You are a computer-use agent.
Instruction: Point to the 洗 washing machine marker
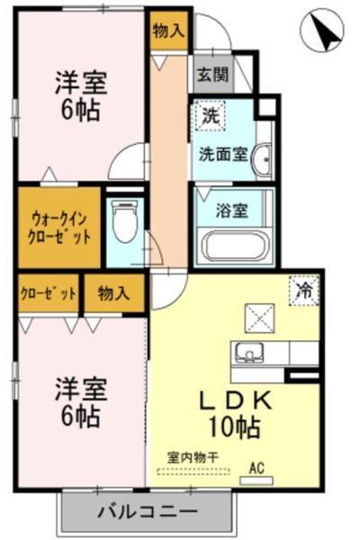tap(210, 115)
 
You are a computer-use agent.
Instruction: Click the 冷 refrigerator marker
tap(305, 290)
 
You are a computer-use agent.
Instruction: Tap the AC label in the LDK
tap(256, 468)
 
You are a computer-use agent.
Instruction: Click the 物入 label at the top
tap(168, 31)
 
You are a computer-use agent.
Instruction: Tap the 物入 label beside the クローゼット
tap(112, 292)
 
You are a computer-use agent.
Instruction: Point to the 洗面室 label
tap(223, 153)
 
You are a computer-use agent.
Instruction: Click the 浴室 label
tap(231, 211)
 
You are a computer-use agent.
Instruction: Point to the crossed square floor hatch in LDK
tap(256, 319)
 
